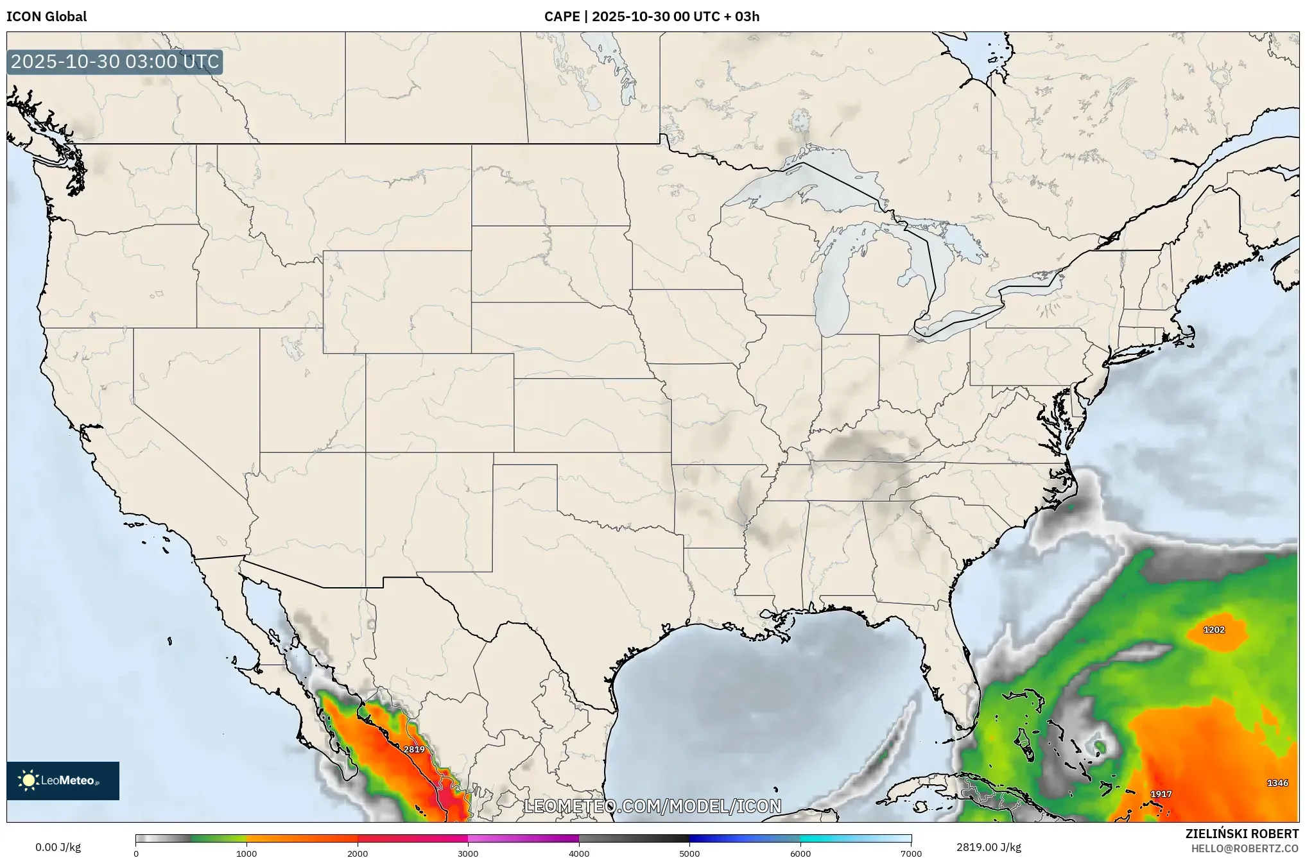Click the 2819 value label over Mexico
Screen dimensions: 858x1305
point(414,749)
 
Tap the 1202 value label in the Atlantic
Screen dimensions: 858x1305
point(1214,630)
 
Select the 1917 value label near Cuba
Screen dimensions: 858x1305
point(1161,794)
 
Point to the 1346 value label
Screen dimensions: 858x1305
point(1277,782)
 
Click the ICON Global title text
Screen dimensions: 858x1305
point(46,17)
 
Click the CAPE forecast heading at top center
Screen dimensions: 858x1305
point(652,17)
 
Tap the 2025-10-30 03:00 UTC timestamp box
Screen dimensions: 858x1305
point(115,62)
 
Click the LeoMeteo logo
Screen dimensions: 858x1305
point(63,780)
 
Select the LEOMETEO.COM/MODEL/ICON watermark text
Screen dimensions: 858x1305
point(653,806)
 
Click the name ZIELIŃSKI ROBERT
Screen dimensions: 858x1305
point(1241,834)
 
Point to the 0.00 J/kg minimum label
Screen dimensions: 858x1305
point(58,847)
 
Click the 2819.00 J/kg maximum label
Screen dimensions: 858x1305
point(989,847)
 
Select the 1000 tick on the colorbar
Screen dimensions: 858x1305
point(246,853)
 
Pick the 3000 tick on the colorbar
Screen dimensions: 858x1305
point(468,853)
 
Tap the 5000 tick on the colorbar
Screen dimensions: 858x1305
point(689,853)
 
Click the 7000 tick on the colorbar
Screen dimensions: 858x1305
point(911,853)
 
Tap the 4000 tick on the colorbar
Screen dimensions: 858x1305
point(579,853)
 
